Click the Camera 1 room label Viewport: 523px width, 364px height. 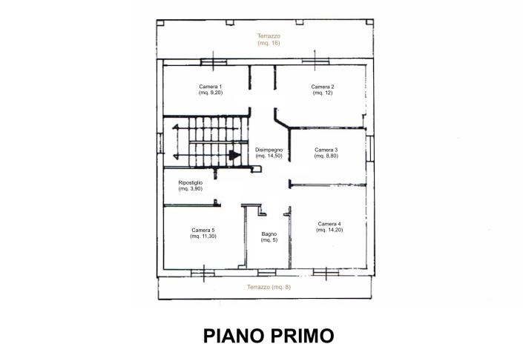[x=211, y=87]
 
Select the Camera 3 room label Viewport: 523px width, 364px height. [x=326, y=150]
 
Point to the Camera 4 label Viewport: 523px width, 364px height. [x=329, y=224]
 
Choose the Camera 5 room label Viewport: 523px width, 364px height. [x=203, y=230]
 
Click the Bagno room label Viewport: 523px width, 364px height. [x=269, y=234]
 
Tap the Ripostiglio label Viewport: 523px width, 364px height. [x=191, y=182]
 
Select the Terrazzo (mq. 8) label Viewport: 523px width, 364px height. [x=269, y=287]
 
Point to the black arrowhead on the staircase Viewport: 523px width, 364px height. [x=234, y=155]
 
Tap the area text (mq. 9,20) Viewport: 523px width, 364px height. [x=211, y=93]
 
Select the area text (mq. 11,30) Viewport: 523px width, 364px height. [x=203, y=236]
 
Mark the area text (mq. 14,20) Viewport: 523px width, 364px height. [x=329, y=230]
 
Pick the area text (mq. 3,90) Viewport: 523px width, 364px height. [x=191, y=188]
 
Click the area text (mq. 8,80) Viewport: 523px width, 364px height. [x=326, y=156]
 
